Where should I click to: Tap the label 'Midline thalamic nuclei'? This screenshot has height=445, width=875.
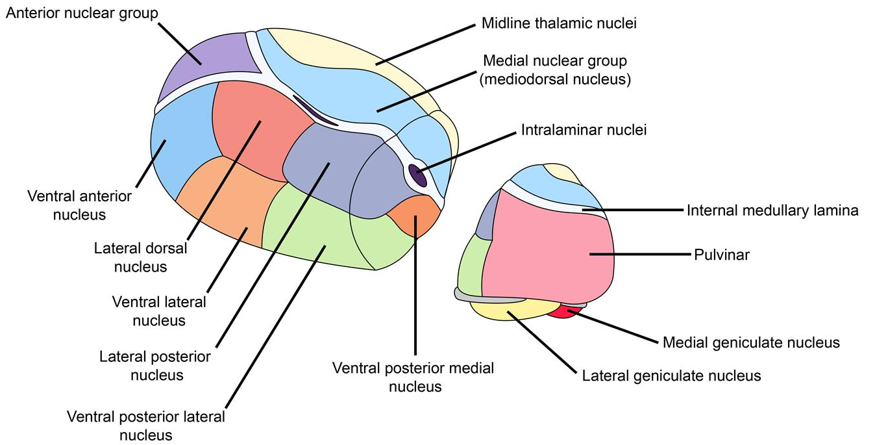558,24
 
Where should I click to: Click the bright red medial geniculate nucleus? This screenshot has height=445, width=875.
562,312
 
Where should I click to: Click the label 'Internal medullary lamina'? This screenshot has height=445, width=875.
772,210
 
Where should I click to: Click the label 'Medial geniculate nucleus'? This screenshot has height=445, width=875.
751,342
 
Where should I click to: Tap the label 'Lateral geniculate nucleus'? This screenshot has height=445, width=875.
671,375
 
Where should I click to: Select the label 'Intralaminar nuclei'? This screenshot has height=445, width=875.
584,130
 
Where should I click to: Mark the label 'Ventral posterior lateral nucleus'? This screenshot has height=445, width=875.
146,426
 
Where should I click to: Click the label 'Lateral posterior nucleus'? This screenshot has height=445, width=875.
156,366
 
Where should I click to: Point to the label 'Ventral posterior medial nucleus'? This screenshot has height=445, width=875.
413,377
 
